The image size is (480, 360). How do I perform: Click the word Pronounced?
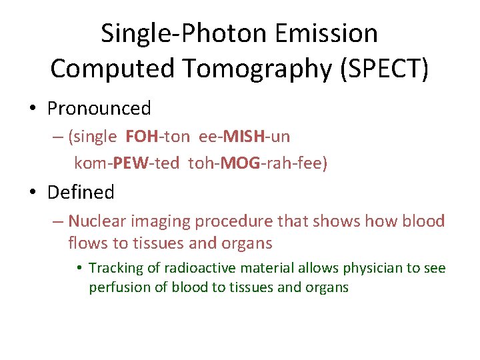(99, 108)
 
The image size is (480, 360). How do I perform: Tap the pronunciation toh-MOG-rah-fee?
(256, 163)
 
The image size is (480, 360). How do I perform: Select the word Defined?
(81, 193)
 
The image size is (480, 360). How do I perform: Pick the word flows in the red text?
(85, 243)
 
